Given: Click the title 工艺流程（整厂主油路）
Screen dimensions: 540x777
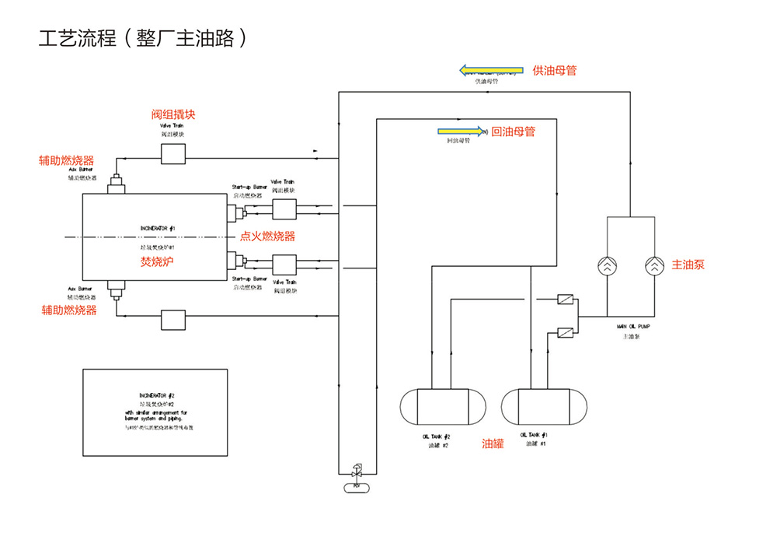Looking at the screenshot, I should [x=144, y=38].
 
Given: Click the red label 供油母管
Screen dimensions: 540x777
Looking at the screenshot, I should [x=554, y=70].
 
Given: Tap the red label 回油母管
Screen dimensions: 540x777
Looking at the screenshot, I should [x=514, y=131].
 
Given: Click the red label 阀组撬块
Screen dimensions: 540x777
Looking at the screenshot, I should [x=172, y=114].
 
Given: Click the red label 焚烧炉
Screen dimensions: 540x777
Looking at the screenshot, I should [x=156, y=261].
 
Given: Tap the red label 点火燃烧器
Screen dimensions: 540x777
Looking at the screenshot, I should [x=267, y=237].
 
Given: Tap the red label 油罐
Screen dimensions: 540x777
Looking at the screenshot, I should [x=493, y=444].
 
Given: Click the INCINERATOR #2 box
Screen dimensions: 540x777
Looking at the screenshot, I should [x=155, y=412].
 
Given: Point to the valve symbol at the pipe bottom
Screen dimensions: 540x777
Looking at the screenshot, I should [x=357, y=472].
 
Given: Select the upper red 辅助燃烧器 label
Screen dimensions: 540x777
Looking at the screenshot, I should [x=67, y=161].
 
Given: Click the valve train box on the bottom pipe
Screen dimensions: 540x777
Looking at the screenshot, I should [x=172, y=318].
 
